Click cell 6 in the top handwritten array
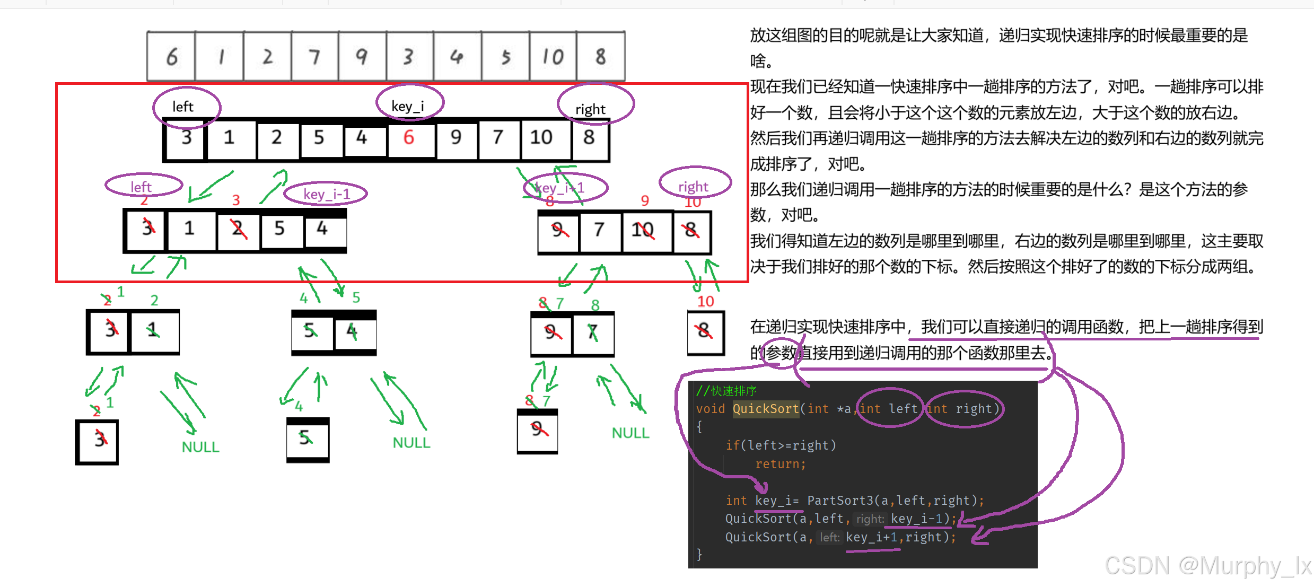coord(171,56)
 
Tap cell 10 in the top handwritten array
coord(553,56)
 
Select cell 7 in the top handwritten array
coord(314,56)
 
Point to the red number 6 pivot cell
coord(409,138)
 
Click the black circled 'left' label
coord(183,107)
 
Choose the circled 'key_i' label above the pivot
coord(408,106)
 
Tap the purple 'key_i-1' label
coord(326,194)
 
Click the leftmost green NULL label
coord(200,447)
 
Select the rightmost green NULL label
coord(630,433)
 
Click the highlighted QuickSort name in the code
coord(765,409)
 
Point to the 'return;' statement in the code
coord(780,464)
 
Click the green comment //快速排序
coord(726,391)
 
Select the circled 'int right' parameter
coord(963,409)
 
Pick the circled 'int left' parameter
coord(889,409)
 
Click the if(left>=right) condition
coord(781,445)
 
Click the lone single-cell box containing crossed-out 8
coord(705,332)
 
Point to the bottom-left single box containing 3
coord(98,441)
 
